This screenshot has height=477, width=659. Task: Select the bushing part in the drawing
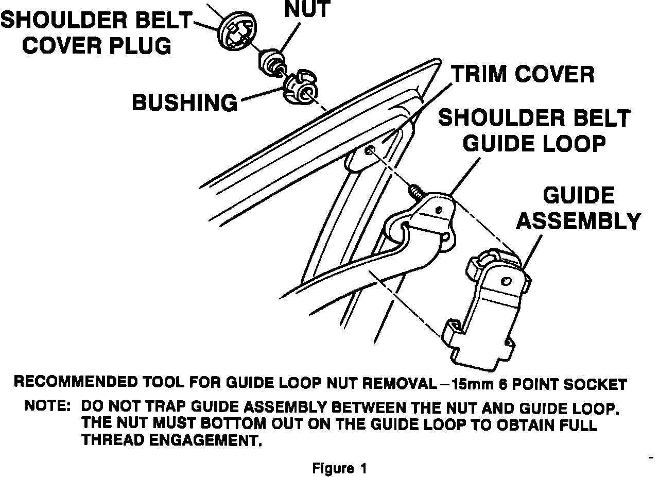[x=300, y=88]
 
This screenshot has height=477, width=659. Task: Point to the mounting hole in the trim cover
[x=371, y=150]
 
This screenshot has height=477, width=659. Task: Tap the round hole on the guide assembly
[x=506, y=281]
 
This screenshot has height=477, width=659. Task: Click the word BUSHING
[x=185, y=103]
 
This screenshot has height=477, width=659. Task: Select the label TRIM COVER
[x=523, y=75]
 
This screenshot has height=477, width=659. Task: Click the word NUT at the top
[x=307, y=10]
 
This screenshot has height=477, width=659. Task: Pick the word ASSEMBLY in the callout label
[x=578, y=221]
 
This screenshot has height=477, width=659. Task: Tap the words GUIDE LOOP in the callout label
[x=533, y=143]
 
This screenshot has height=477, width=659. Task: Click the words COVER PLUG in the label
[x=96, y=46]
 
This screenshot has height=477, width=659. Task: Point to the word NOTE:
[x=47, y=406]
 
